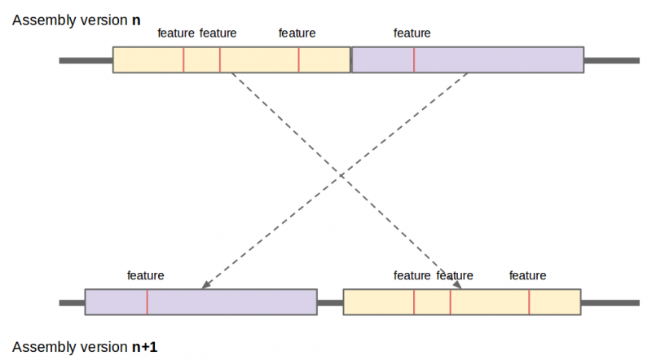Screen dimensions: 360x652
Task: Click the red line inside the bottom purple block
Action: [x=148, y=301]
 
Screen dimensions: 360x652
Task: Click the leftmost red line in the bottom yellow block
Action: [x=414, y=301]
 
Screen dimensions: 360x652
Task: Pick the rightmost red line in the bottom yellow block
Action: [x=529, y=301]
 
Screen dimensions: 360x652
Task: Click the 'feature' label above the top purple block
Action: [x=412, y=33]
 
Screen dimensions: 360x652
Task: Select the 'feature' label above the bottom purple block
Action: [x=146, y=275]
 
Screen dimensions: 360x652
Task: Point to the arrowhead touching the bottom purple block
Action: [x=206, y=284]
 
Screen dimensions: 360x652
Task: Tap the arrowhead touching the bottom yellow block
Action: [x=458, y=284]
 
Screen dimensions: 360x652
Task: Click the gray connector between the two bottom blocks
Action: [x=330, y=302]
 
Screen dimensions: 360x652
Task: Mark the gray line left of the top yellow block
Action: [x=86, y=60]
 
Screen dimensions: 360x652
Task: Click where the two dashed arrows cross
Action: [x=340, y=175]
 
